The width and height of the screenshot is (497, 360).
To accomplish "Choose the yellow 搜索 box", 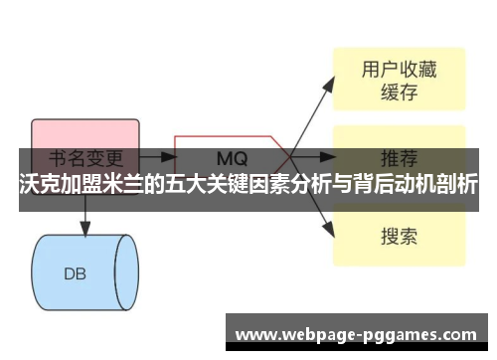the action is click(398, 236).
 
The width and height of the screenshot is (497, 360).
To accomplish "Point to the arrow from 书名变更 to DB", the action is click(85, 221).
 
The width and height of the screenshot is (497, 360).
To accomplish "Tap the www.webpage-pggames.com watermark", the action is click(357, 334).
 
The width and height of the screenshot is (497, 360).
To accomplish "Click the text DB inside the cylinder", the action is click(76, 272).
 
